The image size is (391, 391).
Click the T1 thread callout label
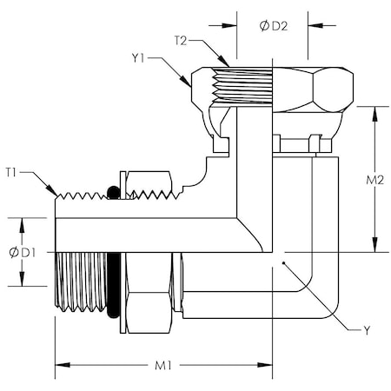(x=12, y=172)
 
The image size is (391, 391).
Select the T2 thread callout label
(x=182, y=41)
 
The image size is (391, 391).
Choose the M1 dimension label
(x=162, y=365)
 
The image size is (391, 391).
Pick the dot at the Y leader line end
(x=283, y=261)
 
